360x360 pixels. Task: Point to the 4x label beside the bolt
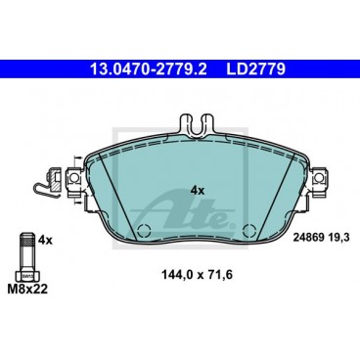click(44, 240)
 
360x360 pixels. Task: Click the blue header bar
click(180, 70)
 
